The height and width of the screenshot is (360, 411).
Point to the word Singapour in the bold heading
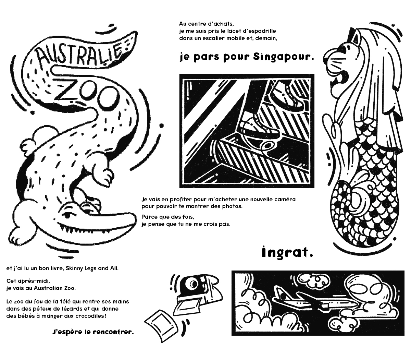pos(283,57)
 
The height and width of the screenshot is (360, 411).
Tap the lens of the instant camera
pos(193,284)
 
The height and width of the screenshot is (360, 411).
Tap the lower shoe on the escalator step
pos(259,128)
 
